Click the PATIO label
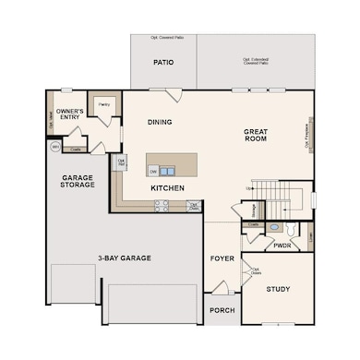pos(163,63)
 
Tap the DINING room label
pos(161,122)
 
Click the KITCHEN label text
pos(167,188)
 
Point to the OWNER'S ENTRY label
pos(71,114)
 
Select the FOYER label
pos(222,258)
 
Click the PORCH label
pos(222,311)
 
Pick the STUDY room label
pos(278,289)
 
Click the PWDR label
pos(282,246)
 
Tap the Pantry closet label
pos(103,103)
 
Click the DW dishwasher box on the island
pos(152,171)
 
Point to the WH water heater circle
pos(55,147)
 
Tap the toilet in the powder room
pos(294,227)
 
